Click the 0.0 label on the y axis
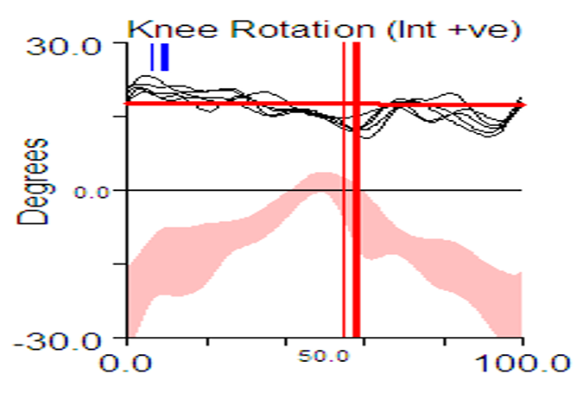pyautogui.click(x=93, y=191)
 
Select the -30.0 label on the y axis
pyautogui.click(x=58, y=338)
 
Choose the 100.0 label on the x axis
pyautogui.click(x=522, y=362)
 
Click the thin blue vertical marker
pyautogui.click(x=152, y=57)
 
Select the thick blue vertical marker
pyautogui.click(x=165, y=57)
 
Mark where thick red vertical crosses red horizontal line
pyautogui.click(x=356, y=104)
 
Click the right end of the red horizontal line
pyautogui.click(x=524, y=104)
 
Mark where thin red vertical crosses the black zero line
pyautogui.click(x=344, y=190)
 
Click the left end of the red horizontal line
pyautogui.click(x=128, y=104)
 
